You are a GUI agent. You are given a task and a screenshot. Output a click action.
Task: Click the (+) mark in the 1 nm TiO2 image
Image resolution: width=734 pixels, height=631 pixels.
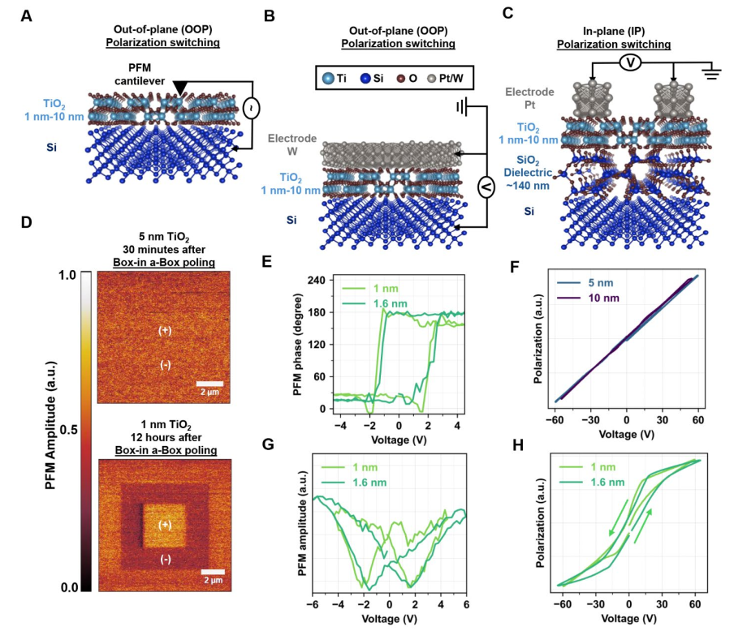click(165, 524)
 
